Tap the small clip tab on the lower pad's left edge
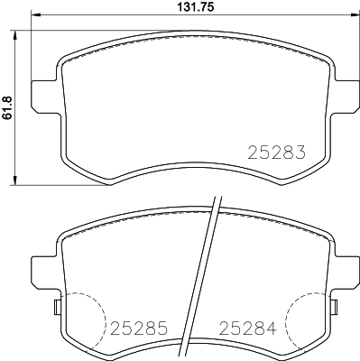click(x=57, y=308)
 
